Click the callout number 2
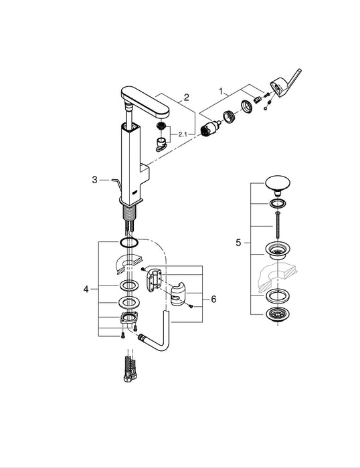(x=186, y=98)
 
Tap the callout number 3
(x=95, y=179)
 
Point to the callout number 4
(x=86, y=289)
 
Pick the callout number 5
(x=238, y=242)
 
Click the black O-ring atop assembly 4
(x=130, y=241)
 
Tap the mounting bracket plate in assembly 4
(x=129, y=320)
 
